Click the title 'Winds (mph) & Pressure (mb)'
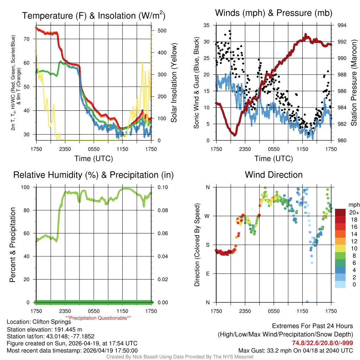tap(274, 13)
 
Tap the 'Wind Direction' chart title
tap(274, 175)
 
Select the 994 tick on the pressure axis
tap(342, 25)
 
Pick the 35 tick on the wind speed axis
tap(207, 25)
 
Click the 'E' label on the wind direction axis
tap(207, 274)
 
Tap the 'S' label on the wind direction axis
tap(207, 245)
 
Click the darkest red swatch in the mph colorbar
tap(340, 212)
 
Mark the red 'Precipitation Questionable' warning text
tap(103, 318)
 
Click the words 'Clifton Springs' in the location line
tap(51, 322)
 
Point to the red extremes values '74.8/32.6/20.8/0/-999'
tap(322, 343)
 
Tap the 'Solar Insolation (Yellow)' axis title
tap(174, 83)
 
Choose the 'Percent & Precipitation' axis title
tap(13, 245)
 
